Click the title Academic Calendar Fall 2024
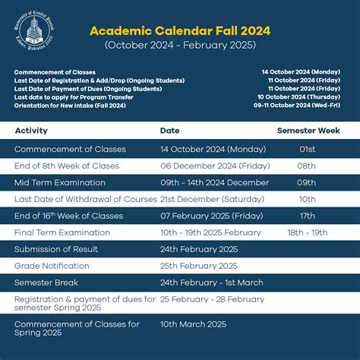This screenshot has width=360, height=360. coord(180,31)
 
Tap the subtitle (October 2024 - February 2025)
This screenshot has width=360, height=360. coord(180,46)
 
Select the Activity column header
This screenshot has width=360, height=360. coord(31,131)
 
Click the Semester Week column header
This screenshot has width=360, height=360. coord(307,131)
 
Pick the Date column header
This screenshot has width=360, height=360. coord(169,131)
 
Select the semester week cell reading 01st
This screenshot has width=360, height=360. coord(307,149)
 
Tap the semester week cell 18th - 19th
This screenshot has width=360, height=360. coord(308,232)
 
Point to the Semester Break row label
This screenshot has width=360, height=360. coord(47,283)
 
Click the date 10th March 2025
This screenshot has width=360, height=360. coord(193,324)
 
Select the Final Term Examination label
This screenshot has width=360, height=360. coord(62,232)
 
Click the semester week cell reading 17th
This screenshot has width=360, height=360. coord(307,216)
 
